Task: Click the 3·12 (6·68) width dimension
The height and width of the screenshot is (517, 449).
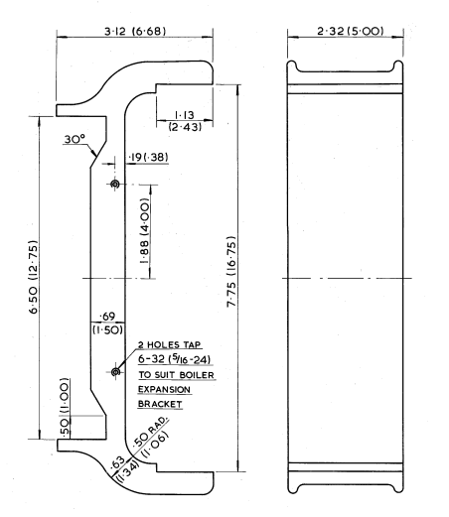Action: [135, 31]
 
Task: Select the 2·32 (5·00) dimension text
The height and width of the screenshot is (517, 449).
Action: [351, 31]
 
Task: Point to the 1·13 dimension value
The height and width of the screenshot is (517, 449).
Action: [184, 115]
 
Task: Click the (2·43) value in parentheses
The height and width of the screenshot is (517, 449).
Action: [185, 127]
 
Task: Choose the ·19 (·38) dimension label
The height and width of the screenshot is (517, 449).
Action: [148, 157]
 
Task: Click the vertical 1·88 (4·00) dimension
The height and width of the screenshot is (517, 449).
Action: [145, 230]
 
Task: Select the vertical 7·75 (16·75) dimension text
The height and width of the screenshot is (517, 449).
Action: [231, 271]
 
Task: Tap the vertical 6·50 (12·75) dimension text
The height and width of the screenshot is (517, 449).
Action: [34, 277]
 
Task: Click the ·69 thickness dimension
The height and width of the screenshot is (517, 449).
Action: [107, 317]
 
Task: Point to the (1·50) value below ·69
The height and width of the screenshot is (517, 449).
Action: [107, 329]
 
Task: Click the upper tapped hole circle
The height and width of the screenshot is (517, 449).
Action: [115, 184]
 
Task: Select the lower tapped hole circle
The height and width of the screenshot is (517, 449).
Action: [115, 372]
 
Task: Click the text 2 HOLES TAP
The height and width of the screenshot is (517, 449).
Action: [170, 345]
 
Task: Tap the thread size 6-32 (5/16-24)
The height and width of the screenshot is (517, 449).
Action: [174, 359]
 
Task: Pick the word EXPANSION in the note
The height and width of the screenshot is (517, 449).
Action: [164, 390]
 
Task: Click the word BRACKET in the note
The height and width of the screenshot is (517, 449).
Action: [160, 404]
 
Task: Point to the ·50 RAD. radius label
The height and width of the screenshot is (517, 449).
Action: [151, 432]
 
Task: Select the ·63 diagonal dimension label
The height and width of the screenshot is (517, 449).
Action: [118, 461]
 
